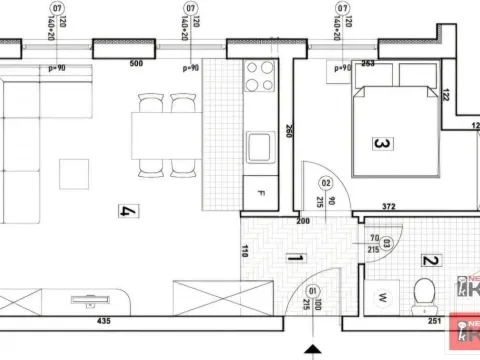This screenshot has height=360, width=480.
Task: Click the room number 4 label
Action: point(127,211)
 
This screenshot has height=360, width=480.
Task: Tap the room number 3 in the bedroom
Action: point(379,144)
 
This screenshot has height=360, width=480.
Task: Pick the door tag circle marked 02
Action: point(326,183)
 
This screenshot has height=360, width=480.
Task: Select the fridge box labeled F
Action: point(261,192)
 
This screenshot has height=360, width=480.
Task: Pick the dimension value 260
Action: point(288,130)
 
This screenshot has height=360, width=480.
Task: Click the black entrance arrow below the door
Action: point(314,351)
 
